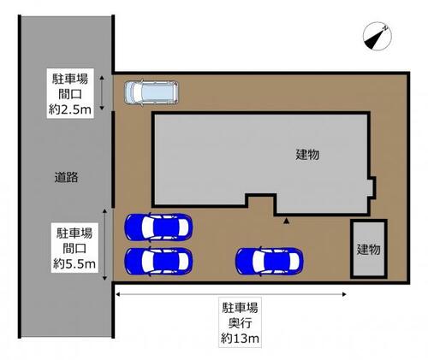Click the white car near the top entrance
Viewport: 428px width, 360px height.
coord(152,92)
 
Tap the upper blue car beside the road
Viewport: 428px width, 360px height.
coord(158,227)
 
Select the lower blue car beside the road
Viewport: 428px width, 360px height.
coord(158,262)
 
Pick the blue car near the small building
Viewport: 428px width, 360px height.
coord(269,262)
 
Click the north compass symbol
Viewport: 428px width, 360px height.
coord(377,37)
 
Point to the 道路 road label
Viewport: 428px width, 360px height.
coord(66,177)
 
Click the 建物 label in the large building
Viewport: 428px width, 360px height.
coord(307,155)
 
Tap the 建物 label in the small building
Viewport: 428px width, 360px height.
coord(368,250)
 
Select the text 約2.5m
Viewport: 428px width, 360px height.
coord(70,109)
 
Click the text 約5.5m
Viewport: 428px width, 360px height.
coord(74,264)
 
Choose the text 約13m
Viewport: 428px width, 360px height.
coord(240,339)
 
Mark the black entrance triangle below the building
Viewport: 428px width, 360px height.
coord(286,221)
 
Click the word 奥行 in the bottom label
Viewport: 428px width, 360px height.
coord(240,323)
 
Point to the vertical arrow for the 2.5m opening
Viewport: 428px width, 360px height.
coord(102,92)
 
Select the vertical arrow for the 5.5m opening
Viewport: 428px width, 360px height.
coord(104,245)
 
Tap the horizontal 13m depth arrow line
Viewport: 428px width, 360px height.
coord(231,294)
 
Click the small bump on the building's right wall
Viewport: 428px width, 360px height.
coord(372,187)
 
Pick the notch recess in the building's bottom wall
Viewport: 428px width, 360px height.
coord(261,203)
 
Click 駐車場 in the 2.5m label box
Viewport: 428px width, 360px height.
coord(70,79)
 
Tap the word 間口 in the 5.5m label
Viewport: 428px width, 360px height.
coord(74,249)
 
